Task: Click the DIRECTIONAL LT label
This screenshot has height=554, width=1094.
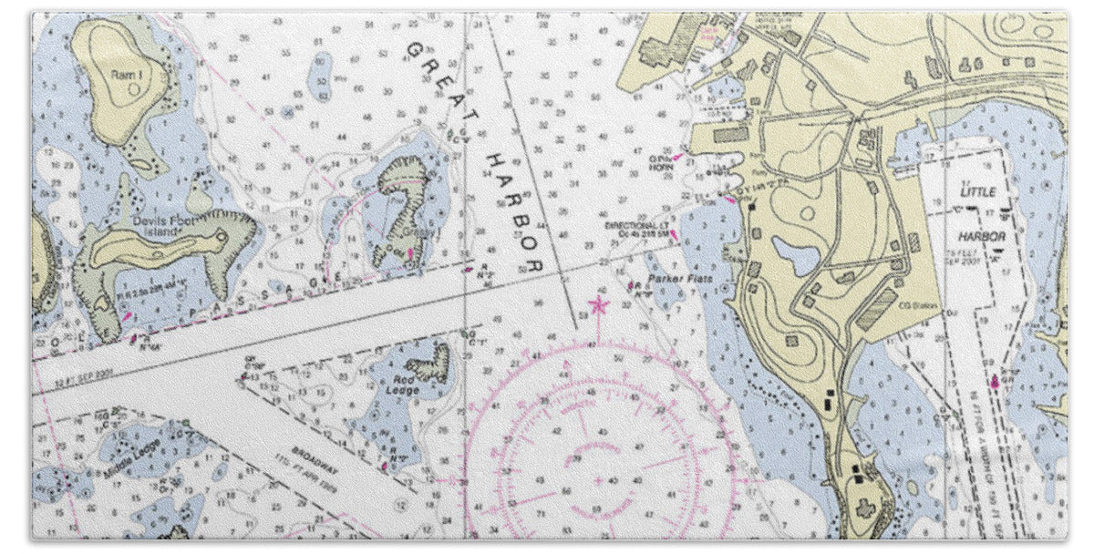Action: click(x=636, y=224)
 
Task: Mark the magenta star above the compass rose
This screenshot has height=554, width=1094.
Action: click(x=598, y=303)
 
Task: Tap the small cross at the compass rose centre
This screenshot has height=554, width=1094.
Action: click(x=598, y=479)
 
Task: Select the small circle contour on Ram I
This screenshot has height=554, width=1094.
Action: click(x=135, y=88)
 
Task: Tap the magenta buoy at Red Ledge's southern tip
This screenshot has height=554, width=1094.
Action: click(x=385, y=467)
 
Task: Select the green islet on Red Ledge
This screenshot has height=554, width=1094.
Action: click(x=434, y=364)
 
